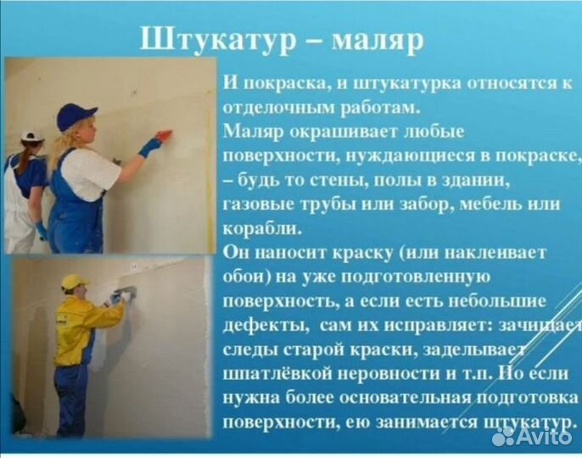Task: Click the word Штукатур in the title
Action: [218, 40]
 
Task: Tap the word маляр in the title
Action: [377, 41]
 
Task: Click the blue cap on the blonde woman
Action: [76, 116]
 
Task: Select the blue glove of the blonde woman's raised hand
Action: [149, 147]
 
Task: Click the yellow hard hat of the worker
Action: [75, 282]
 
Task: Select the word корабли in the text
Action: [262, 228]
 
